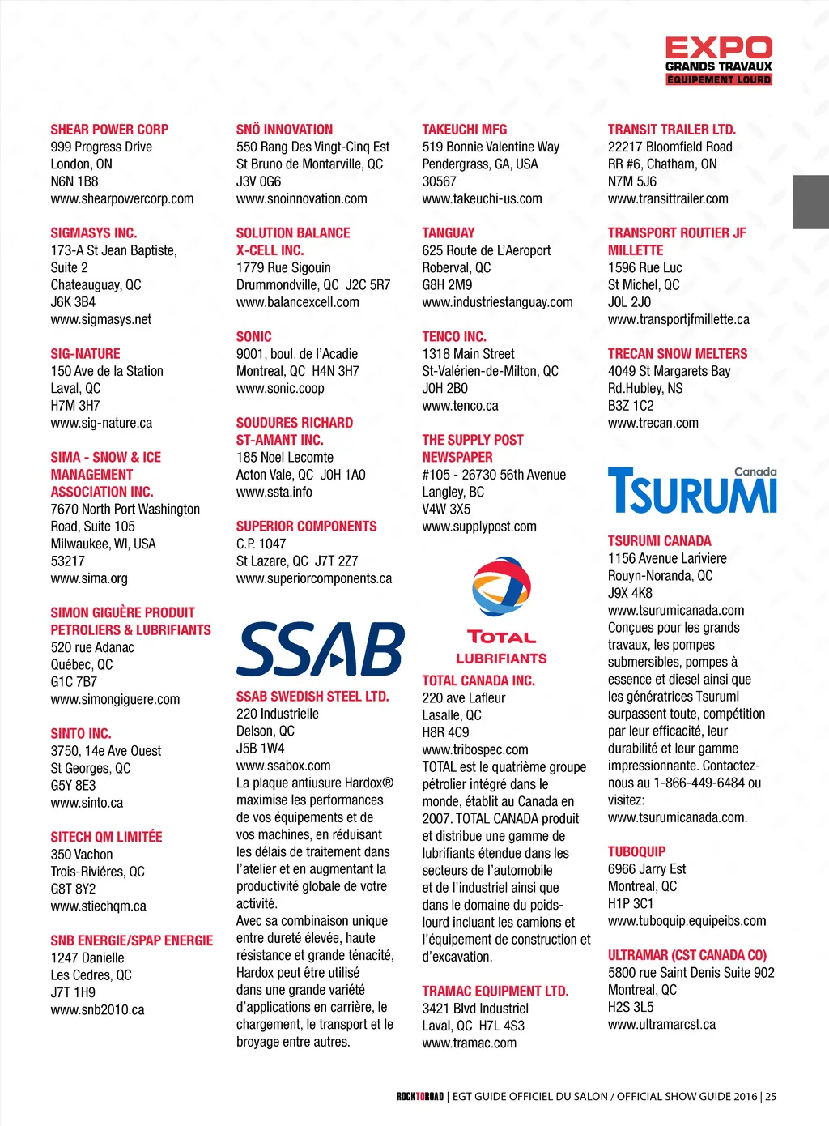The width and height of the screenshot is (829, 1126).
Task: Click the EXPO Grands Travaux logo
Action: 718,60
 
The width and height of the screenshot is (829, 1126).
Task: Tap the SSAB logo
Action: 320,650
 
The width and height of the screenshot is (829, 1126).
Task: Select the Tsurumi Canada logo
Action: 692,491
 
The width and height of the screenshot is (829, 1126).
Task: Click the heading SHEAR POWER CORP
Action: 109,130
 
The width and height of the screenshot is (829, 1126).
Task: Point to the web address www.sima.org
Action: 89,578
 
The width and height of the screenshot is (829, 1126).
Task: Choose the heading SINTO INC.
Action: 81,733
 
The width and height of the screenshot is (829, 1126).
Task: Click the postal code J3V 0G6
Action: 259,181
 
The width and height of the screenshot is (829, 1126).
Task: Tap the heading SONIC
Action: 254,336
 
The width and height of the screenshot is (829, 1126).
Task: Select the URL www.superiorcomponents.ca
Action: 314,578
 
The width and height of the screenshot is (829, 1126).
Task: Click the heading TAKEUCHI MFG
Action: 465,130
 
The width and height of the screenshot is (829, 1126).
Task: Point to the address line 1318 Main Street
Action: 468,354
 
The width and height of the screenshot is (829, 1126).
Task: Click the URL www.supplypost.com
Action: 479,527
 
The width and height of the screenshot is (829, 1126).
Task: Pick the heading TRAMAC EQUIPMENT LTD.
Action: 495,991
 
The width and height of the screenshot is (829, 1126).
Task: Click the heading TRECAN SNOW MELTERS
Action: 678,354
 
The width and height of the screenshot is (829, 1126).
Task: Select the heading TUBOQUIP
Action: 636,851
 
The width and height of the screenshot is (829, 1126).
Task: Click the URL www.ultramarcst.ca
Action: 661,1025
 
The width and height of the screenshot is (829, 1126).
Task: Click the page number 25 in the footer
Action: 771,1097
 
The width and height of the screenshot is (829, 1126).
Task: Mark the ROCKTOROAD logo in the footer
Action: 420,1097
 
